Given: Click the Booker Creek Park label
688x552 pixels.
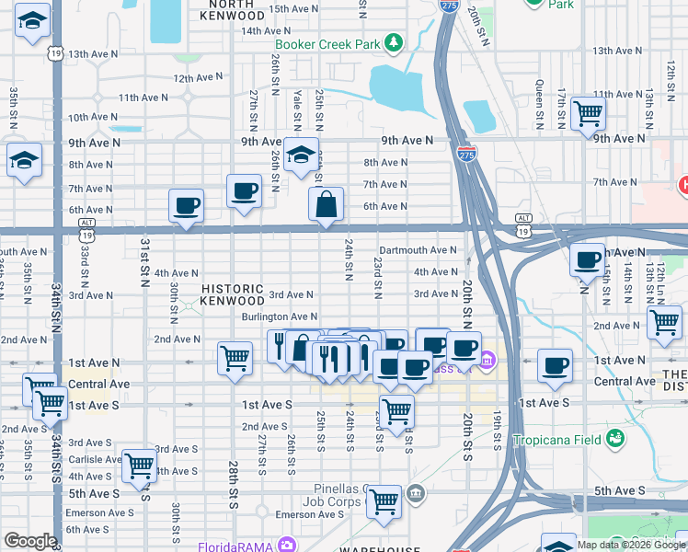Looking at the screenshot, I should (x=327, y=44).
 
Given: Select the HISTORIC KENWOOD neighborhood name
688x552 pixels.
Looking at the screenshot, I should (x=234, y=294).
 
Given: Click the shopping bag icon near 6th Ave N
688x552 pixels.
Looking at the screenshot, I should (x=327, y=204).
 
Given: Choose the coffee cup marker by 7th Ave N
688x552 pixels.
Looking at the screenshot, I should (x=244, y=190).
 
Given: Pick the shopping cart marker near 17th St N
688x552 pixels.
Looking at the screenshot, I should (x=587, y=114).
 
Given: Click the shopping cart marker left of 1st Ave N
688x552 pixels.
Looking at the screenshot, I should (x=235, y=356).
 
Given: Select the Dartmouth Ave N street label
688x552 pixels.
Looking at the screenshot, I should (x=418, y=249).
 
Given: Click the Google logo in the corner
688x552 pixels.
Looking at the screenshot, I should (x=29, y=541).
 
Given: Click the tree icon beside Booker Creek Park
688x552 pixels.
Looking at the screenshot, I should (x=394, y=43).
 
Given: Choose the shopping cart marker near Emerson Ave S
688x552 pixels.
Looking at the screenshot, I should (x=384, y=501).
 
